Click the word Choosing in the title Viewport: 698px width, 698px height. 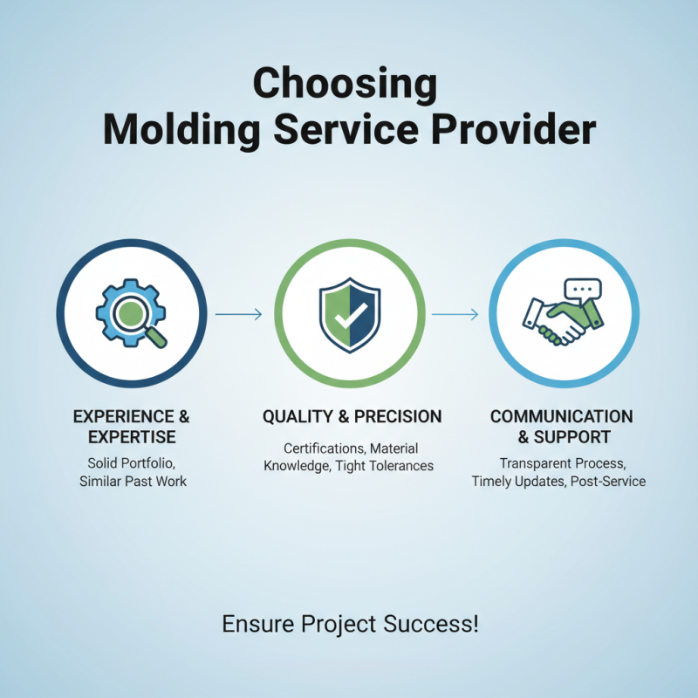(x=345, y=86)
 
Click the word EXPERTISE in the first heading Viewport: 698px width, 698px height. (x=132, y=437)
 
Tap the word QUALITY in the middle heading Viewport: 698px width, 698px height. (x=299, y=417)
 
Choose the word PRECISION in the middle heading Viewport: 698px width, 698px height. (x=397, y=417)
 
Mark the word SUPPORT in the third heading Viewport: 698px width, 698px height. (x=576, y=437)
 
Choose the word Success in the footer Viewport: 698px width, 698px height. (x=429, y=625)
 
